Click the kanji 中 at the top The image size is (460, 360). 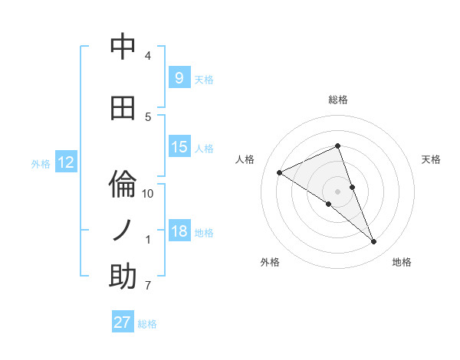[123, 47]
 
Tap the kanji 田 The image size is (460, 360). [123, 108]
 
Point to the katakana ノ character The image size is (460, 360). [123, 231]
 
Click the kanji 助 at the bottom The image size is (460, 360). [123, 277]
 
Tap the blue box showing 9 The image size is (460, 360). [179, 77]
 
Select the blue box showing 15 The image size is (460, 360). [179, 147]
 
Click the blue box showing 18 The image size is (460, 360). [179, 231]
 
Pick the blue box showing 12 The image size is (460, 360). [65, 162]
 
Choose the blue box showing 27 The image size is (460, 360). [123, 322]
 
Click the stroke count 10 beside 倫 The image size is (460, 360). [148, 193]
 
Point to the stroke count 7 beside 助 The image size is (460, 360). [148, 286]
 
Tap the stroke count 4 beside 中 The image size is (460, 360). [148, 56]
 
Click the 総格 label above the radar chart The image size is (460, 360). [337, 100]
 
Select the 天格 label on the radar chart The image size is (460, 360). [432, 159]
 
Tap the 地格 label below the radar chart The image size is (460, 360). [402, 262]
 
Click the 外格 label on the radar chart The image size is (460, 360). [270, 262]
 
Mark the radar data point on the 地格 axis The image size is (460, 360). [374, 242]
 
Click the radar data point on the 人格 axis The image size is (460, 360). [279, 172]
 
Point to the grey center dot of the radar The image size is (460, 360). [337, 191]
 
